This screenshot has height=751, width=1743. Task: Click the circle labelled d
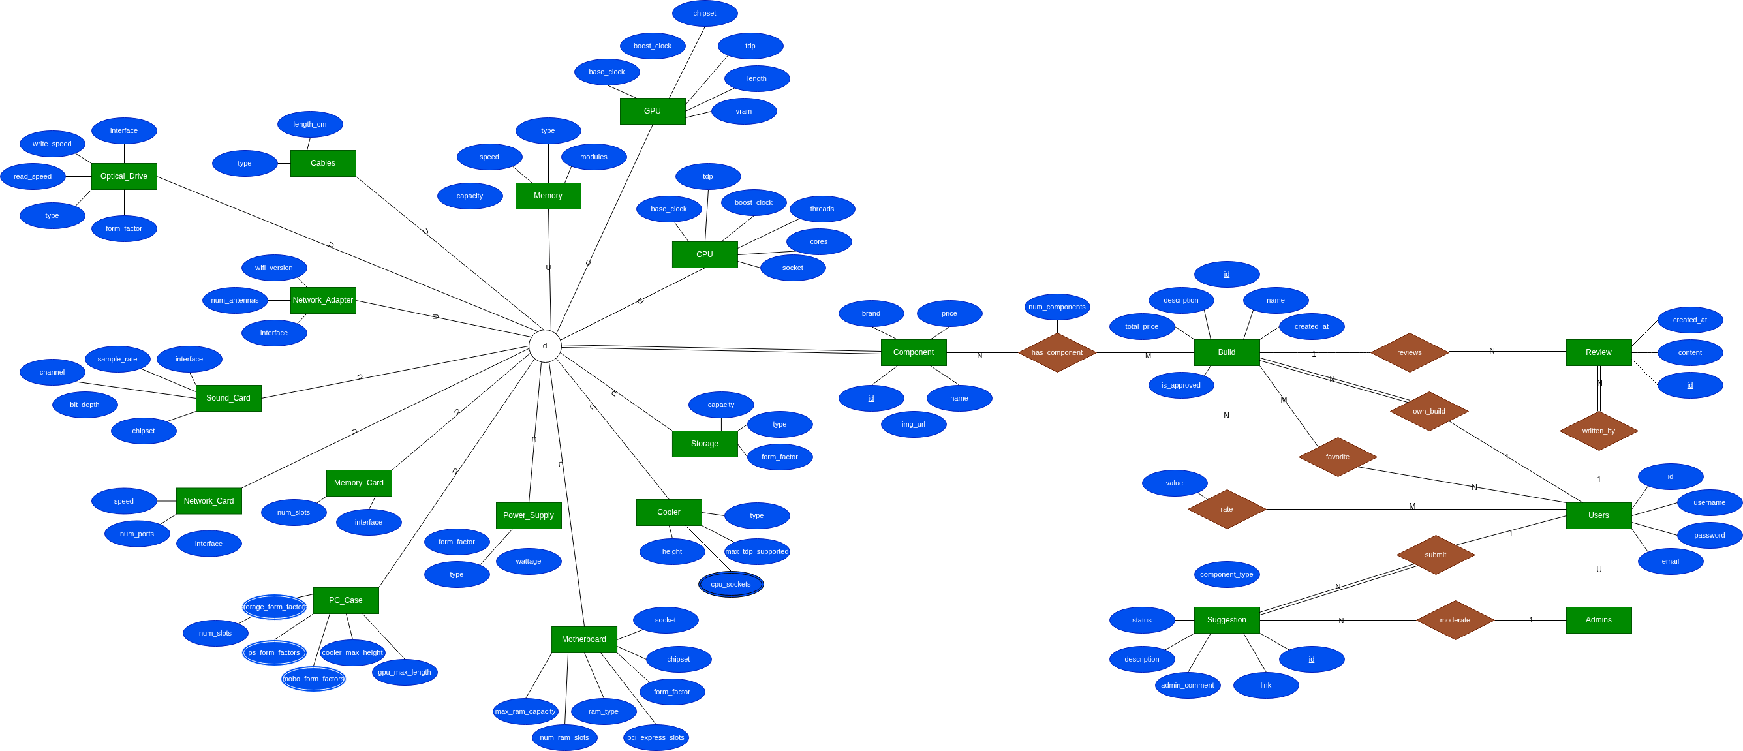click(x=545, y=346)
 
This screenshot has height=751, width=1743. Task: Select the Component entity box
click(x=913, y=352)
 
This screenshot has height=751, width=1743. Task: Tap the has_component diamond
click(x=1057, y=352)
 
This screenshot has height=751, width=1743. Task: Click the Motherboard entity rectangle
click(x=584, y=639)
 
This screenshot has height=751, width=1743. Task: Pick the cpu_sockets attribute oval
click(x=731, y=585)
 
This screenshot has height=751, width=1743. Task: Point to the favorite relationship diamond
click(x=1338, y=457)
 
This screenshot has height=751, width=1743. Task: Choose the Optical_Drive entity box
click(x=124, y=176)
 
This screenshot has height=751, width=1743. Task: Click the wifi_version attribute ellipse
click(x=274, y=268)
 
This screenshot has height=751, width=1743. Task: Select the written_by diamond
click(x=1598, y=431)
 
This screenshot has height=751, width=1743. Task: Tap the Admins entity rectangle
click(x=1598, y=620)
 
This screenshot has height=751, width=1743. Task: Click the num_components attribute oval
click(x=1057, y=307)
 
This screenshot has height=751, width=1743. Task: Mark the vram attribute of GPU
click(x=744, y=112)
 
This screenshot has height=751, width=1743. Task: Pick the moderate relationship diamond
click(x=1455, y=620)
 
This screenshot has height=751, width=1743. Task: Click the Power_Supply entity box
click(x=529, y=515)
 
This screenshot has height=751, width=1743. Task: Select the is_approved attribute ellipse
click(x=1180, y=386)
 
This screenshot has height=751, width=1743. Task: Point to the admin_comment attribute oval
click(x=1188, y=685)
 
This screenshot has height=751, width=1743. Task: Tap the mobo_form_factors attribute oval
click(x=313, y=679)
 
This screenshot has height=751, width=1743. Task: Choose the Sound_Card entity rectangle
click(x=228, y=398)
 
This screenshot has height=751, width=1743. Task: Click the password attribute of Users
click(x=1709, y=535)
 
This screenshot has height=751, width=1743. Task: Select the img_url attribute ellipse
click(x=914, y=424)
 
